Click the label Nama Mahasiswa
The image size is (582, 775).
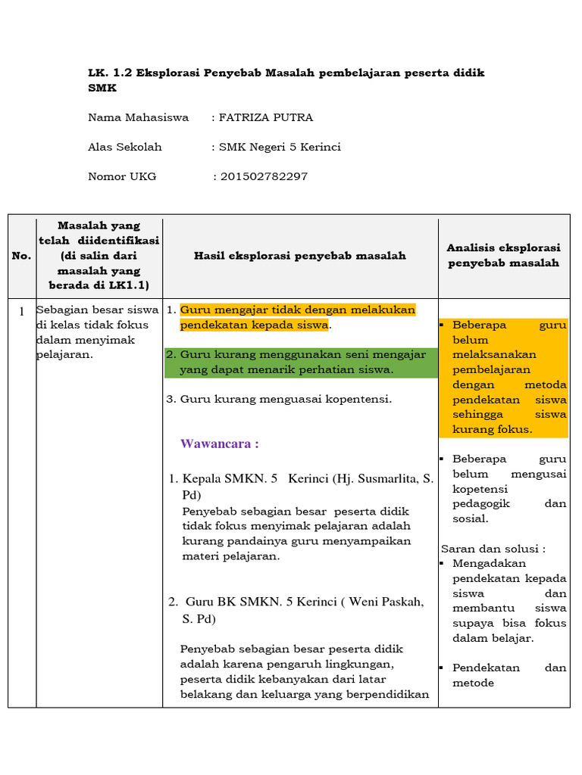pos(138,117)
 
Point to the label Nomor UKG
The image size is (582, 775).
pos(122,176)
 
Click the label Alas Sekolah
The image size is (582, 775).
pos(125,147)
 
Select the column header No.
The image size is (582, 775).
pos(22,256)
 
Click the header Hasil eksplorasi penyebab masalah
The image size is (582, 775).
pos(300,256)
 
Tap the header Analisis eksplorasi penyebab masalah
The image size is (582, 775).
pos(503,255)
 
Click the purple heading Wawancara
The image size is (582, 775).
pos(219,444)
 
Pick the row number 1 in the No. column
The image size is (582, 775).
pos(22,311)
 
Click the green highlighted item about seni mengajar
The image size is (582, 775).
pos(302,363)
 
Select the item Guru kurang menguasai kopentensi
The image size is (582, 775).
pos(286,399)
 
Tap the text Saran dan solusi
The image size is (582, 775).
pos(493,549)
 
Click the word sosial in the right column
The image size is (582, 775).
pos(470,518)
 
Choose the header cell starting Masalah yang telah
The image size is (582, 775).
pos(99,255)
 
